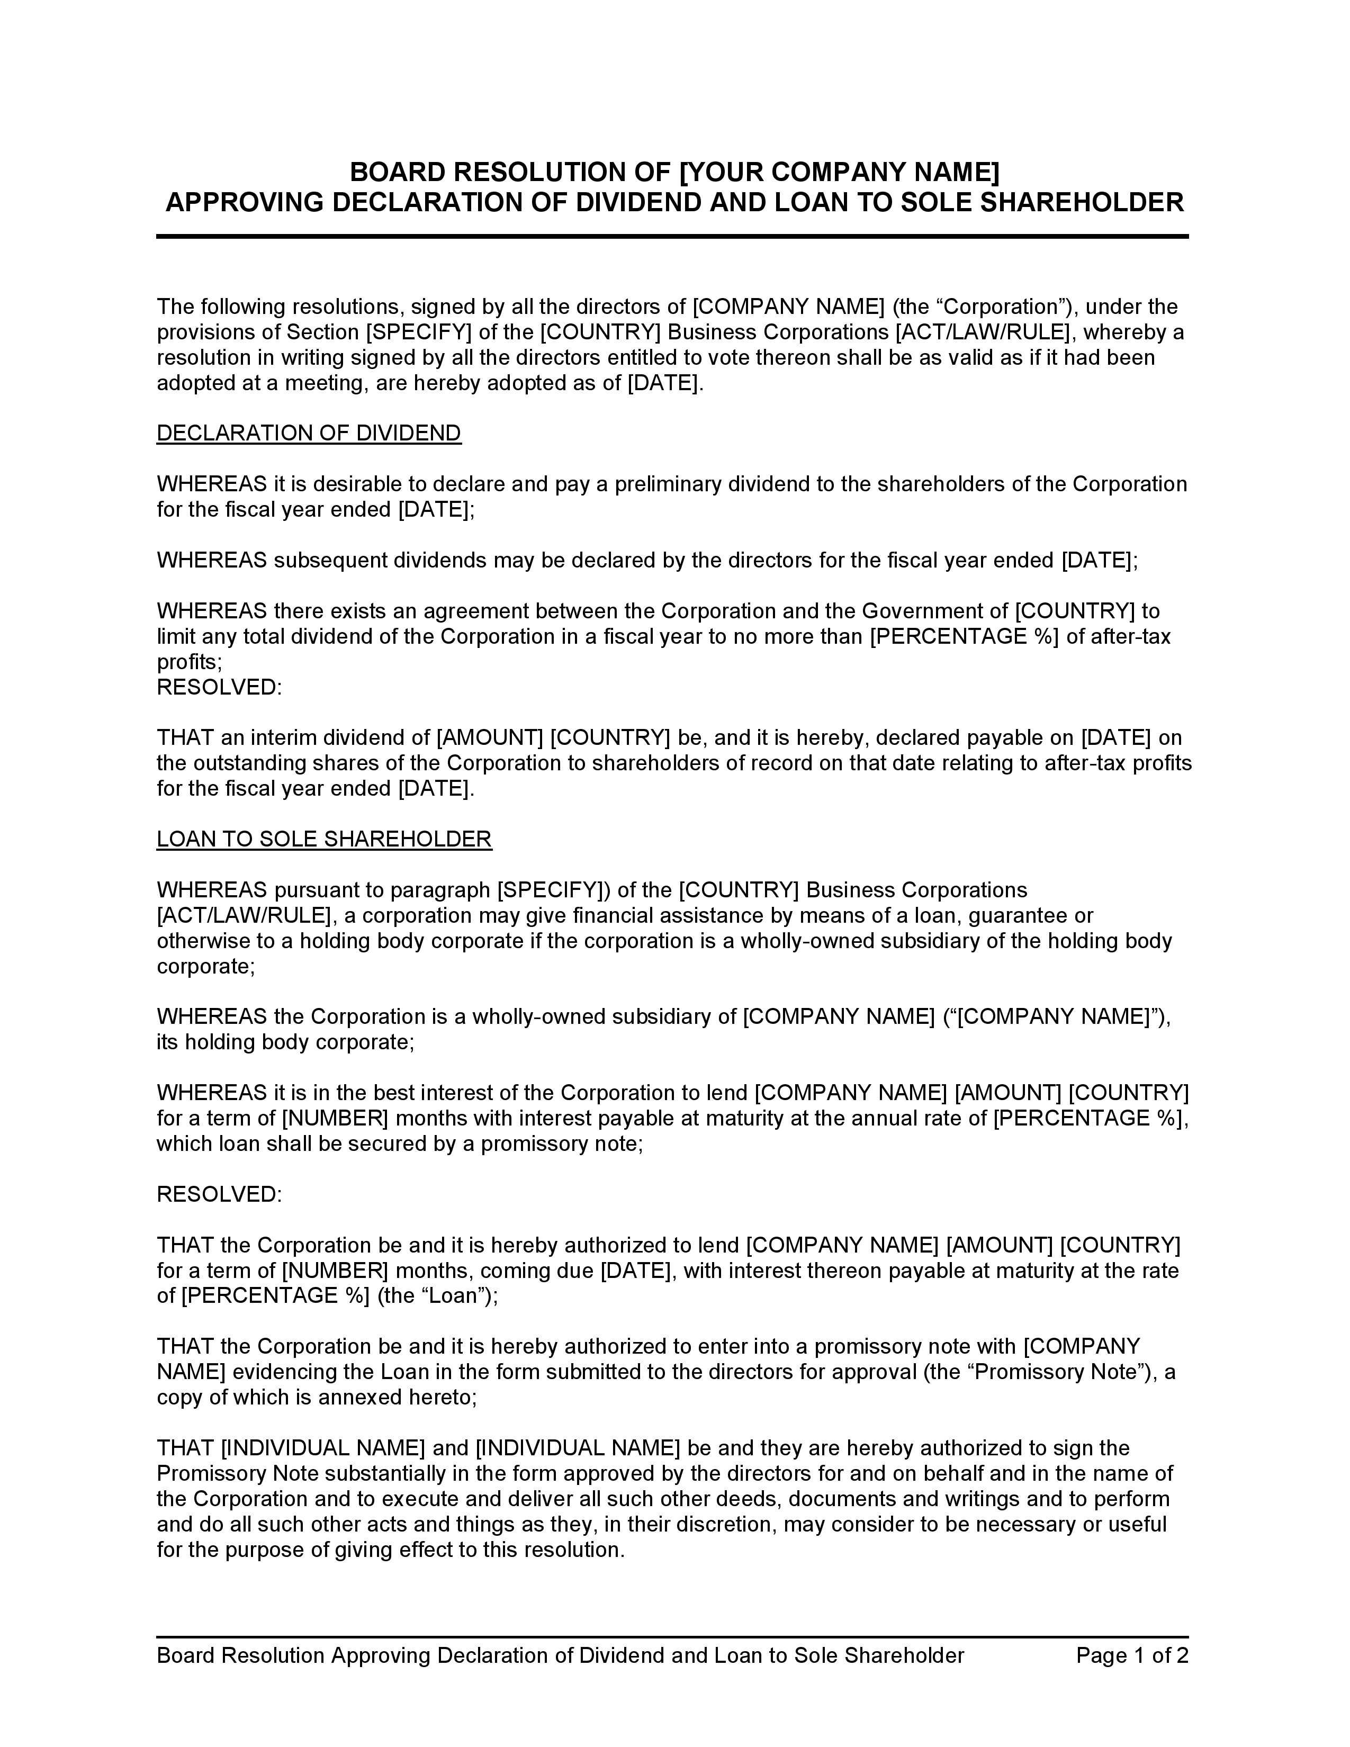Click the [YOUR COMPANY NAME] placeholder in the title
click(839, 172)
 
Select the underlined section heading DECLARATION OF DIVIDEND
click(309, 434)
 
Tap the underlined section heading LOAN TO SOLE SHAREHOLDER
click(324, 839)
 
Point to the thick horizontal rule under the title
click(672, 237)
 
